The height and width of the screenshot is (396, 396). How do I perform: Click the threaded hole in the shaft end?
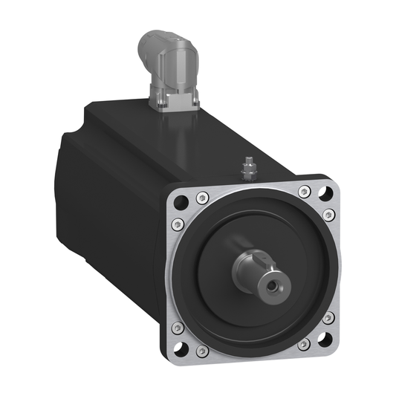tap(282, 284)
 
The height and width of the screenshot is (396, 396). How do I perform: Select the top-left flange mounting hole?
tap(179, 201)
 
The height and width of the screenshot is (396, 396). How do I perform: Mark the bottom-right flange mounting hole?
tap(325, 340)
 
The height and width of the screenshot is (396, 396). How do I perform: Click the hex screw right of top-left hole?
tap(201, 198)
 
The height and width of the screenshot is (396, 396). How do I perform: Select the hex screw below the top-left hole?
tap(176, 224)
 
